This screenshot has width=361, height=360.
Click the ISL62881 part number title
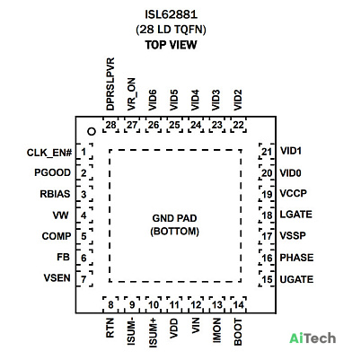tap(171, 14)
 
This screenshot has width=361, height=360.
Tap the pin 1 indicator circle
tap(92, 132)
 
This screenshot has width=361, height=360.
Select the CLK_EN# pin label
tap(49, 153)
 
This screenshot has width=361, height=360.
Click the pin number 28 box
tap(110, 125)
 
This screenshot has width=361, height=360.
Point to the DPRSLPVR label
tap(110, 84)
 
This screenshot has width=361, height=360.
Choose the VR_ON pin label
tap(131, 94)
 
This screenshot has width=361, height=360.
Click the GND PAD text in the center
tap(174, 218)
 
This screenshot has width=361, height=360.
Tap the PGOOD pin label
tap(53, 172)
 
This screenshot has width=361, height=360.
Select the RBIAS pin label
tap(55, 194)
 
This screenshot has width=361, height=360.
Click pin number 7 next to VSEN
tap(84, 279)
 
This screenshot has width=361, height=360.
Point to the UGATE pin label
tap(296, 279)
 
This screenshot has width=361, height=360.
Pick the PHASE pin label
tap(296, 258)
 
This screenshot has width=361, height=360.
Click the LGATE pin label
tap(296, 215)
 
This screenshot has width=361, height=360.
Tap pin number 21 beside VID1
tap(267, 152)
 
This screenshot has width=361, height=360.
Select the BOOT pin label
tap(238, 332)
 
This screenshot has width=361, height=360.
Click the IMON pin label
tap(216, 330)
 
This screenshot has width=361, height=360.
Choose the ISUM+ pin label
tap(153, 333)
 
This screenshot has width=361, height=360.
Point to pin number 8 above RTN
tap(110, 305)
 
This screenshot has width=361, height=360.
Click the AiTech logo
tap(313, 338)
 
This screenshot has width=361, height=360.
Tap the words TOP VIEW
tap(171, 45)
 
